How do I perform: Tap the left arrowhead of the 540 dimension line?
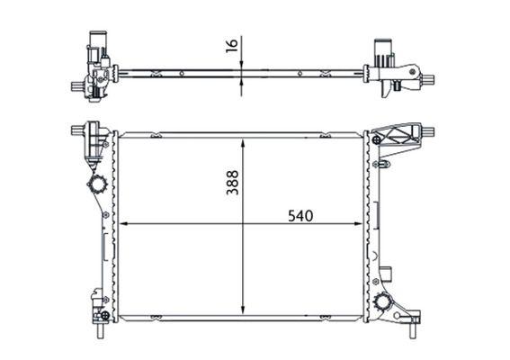click(x=122, y=224)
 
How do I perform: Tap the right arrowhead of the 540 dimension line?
click(x=362, y=224)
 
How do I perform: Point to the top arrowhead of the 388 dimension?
click(x=244, y=142)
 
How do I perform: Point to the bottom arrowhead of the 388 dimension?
click(x=244, y=310)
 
